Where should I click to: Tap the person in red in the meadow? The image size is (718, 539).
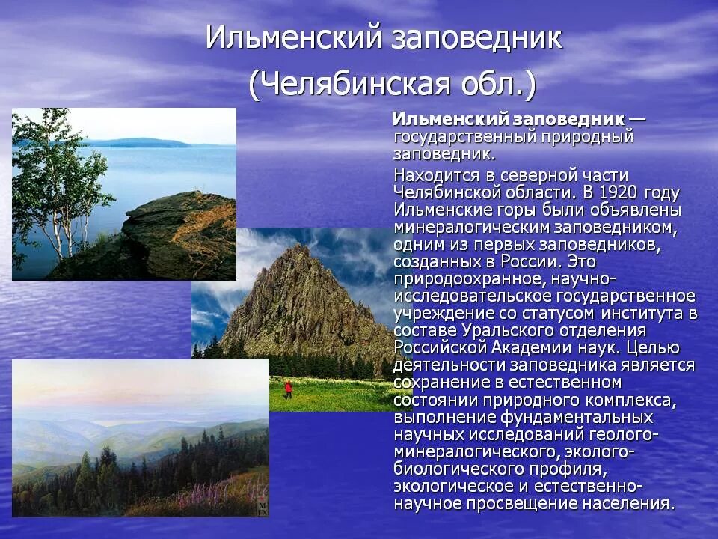[287, 389]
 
